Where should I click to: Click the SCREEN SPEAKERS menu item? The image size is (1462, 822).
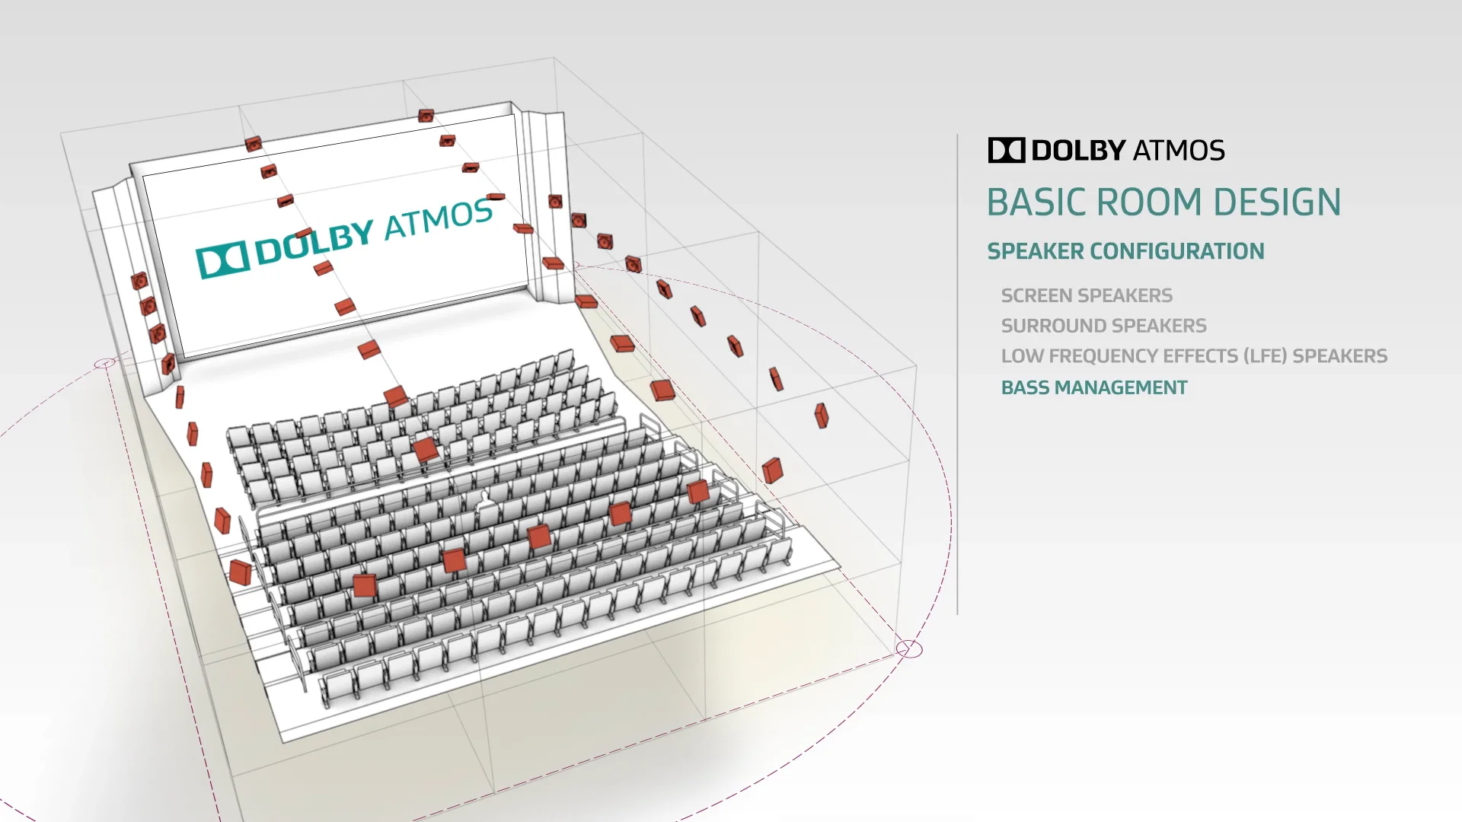[x=1087, y=295]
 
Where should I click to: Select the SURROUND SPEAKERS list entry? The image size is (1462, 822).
[x=1103, y=326]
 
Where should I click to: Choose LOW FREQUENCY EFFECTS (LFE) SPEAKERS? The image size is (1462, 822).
[x=1194, y=356]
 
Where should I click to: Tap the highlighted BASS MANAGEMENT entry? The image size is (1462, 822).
[x=1094, y=387]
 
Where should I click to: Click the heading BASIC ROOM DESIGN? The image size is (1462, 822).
[x=1164, y=202]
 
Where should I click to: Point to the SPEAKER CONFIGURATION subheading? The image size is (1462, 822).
[x=1125, y=251]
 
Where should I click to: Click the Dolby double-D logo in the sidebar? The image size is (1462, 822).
[x=1007, y=150]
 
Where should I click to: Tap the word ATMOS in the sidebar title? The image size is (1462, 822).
[x=1179, y=150]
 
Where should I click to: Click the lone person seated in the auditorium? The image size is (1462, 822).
[x=485, y=508]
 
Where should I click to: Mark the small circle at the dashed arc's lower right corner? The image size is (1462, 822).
[x=909, y=649]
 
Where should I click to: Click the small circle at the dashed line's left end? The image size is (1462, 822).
[x=105, y=364]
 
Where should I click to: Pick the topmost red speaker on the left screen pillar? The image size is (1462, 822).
[x=139, y=282]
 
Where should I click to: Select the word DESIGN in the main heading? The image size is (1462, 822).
[x=1277, y=202]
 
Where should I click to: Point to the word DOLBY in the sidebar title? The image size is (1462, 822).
[x=1078, y=150]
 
